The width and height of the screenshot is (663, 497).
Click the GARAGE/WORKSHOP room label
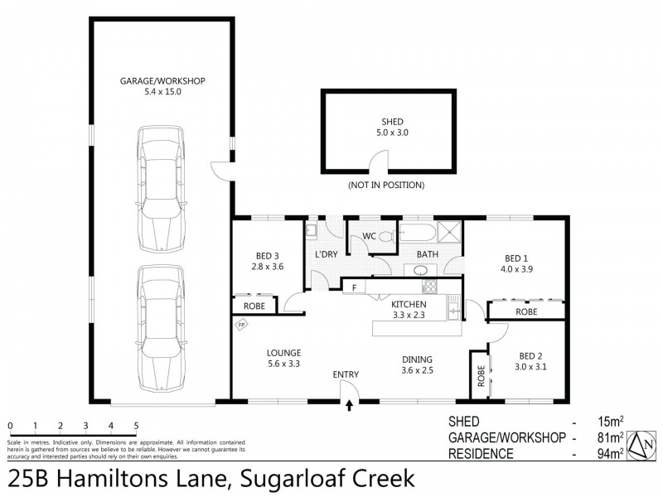tap(162, 80)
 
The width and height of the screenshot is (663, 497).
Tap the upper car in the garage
tap(162, 189)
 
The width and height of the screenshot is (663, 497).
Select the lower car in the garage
tap(162, 327)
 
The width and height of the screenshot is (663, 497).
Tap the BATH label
tap(427, 254)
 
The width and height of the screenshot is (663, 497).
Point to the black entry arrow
tap(349, 405)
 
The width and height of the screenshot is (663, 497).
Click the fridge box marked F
tap(354, 287)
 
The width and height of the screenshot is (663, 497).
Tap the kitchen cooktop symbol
tap(429, 287)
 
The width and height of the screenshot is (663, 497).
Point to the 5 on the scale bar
tap(137, 427)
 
